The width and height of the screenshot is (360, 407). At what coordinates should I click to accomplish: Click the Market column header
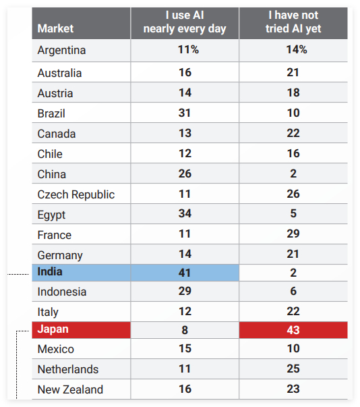coord(55,28)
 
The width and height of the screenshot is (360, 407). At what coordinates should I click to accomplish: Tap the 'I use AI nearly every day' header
coord(185,22)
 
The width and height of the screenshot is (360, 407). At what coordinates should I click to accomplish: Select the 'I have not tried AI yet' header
coord(293,22)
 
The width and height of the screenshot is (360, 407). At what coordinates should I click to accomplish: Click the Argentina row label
coord(61,50)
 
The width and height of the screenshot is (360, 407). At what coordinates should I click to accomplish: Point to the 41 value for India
coord(185,273)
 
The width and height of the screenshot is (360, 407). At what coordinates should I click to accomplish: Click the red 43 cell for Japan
coord(293,330)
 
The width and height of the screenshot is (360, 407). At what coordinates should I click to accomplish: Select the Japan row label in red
coord(53,329)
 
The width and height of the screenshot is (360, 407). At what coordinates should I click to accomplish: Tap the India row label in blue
coord(50,272)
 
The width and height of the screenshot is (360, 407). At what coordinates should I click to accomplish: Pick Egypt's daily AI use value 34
coord(185,213)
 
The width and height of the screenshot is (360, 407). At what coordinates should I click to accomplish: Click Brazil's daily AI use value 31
coord(185,113)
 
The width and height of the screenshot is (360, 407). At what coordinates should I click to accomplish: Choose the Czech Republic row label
coord(76,194)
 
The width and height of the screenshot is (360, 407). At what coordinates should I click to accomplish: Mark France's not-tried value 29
coord(293,234)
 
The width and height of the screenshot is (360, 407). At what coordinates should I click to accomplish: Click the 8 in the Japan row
coord(185,330)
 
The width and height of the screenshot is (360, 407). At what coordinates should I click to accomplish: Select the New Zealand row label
coord(70,389)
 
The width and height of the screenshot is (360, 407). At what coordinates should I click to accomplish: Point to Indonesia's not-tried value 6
coord(293,291)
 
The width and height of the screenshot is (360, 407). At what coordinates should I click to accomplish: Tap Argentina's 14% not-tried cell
coord(297,49)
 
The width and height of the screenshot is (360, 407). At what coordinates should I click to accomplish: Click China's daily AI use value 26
coord(185,173)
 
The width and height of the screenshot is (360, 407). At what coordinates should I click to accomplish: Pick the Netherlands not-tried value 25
coord(293,369)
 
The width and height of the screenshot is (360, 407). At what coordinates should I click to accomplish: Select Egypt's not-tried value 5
coord(293,213)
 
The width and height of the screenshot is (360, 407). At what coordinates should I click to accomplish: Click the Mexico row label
coord(56,349)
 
